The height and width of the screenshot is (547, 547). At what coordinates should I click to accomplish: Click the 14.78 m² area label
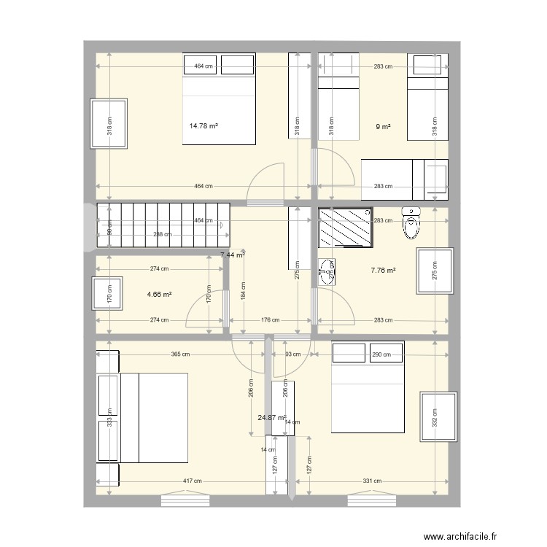coord(203,126)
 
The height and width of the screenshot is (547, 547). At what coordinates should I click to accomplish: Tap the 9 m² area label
coord(383,127)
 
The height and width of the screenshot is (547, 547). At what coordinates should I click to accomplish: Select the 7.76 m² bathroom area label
coord(383,271)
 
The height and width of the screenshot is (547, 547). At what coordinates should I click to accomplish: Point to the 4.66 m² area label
coord(159,295)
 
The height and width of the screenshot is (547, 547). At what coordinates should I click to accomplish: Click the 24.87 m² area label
coord(271,418)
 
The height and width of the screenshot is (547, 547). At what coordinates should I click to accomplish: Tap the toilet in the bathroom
coord(412,222)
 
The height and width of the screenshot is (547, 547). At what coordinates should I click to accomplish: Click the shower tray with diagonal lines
coord(346,228)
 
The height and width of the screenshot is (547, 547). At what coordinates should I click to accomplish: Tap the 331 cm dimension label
coord(373,481)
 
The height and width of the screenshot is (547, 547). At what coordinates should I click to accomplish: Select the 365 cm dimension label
coord(181,354)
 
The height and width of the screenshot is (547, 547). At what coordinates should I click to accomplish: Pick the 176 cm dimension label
coord(270,319)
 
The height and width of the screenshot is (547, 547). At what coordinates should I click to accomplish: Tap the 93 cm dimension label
coord(293,354)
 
